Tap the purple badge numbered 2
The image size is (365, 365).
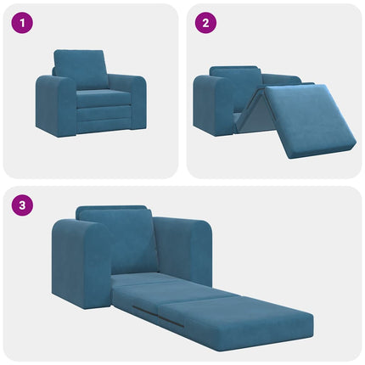(204, 23)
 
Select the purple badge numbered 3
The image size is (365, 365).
(21, 205)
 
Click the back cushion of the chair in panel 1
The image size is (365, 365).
(81, 67)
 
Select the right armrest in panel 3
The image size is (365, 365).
(187, 246)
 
